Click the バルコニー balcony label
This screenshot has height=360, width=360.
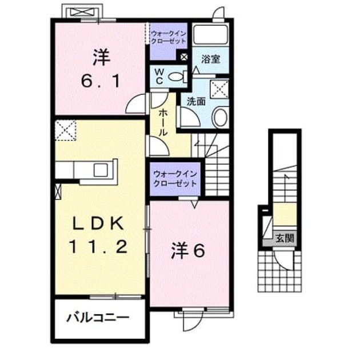(98, 318)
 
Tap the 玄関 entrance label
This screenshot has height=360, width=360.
(285, 238)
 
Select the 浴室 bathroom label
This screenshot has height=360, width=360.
(211, 59)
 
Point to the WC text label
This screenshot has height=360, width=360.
(159, 77)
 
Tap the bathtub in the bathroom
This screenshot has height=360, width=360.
(210, 34)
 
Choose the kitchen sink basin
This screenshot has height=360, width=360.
(101, 170)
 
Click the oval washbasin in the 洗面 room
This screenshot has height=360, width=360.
(221, 117)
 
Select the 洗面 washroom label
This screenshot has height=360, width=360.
(196, 102)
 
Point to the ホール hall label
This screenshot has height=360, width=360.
(163, 123)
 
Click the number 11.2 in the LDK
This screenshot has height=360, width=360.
(98, 247)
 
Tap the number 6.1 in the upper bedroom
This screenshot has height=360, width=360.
(101, 81)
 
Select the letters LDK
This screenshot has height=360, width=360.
(98, 223)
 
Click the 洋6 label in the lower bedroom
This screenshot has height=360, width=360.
(188, 251)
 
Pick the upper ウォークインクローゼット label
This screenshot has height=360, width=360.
(169, 38)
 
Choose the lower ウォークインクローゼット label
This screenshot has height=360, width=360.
(175, 178)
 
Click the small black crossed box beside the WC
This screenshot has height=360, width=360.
(184, 57)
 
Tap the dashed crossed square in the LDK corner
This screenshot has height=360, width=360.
(66, 130)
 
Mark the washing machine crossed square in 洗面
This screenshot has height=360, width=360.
(219, 89)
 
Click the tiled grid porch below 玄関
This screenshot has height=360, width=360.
(279, 271)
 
